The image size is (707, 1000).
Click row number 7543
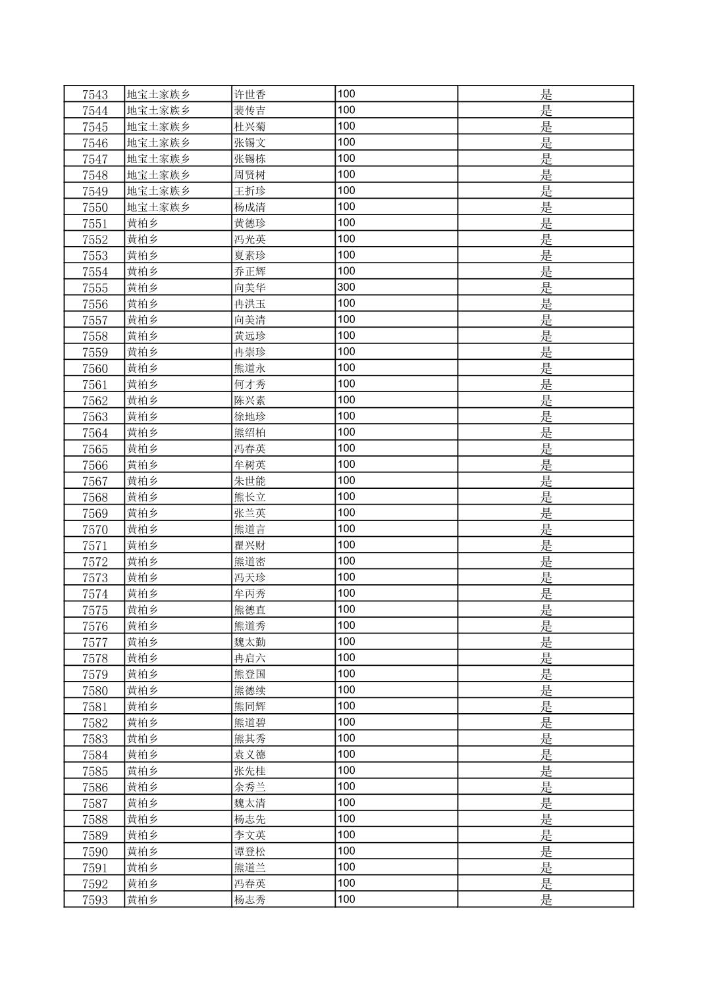[x=95, y=94]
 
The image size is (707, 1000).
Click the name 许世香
[x=250, y=94]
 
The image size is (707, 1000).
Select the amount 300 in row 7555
[x=346, y=287]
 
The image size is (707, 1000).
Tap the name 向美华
[x=250, y=287]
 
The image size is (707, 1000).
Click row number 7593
[x=95, y=900]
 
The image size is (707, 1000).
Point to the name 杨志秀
[x=250, y=900]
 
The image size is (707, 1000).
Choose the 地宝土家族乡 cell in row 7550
[x=159, y=207]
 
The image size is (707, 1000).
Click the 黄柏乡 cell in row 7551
[x=143, y=223]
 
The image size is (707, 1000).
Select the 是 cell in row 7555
[x=546, y=287]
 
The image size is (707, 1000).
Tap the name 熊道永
[x=250, y=368]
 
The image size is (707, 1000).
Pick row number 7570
[x=95, y=530]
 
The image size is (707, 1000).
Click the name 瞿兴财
[x=250, y=545]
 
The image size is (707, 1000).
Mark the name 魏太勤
[x=250, y=642]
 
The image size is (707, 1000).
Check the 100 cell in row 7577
[x=346, y=641]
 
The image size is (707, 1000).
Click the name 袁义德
[x=250, y=755]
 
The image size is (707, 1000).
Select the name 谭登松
[x=250, y=851]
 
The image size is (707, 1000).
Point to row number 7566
[x=95, y=465]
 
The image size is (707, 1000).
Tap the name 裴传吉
[x=250, y=111]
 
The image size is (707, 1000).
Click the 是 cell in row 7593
[x=546, y=900]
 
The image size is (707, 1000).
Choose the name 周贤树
[x=250, y=175]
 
